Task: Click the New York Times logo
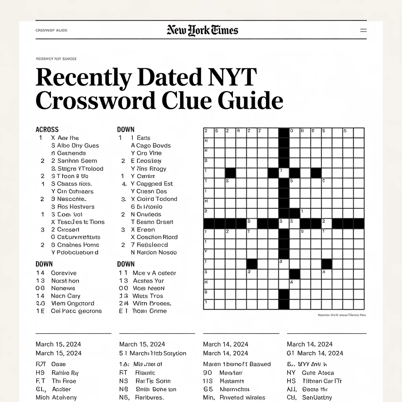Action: click(x=202, y=30)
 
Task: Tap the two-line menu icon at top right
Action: click(x=363, y=30)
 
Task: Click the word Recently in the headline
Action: click(x=83, y=77)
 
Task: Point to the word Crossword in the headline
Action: click(x=95, y=100)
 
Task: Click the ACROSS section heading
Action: click(x=47, y=130)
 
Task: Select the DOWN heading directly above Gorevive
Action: click(x=44, y=264)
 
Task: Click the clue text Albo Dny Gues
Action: click(x=75, y=146)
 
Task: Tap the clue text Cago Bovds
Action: click(x=151, y=146)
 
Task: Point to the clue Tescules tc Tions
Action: click(x=78, y=222)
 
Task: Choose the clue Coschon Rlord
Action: click(x=154, y=238)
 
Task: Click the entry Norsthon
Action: click(x=65, y=281)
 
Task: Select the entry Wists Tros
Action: click(x=148, y=296)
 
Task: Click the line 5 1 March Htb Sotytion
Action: click(x=153, y=353)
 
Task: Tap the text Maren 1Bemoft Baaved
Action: click(x=237, y=364)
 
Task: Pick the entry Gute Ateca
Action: click(x=318, y=373)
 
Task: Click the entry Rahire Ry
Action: click(x=65, y=373)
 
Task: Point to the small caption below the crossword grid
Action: click(x=341, y=315)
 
